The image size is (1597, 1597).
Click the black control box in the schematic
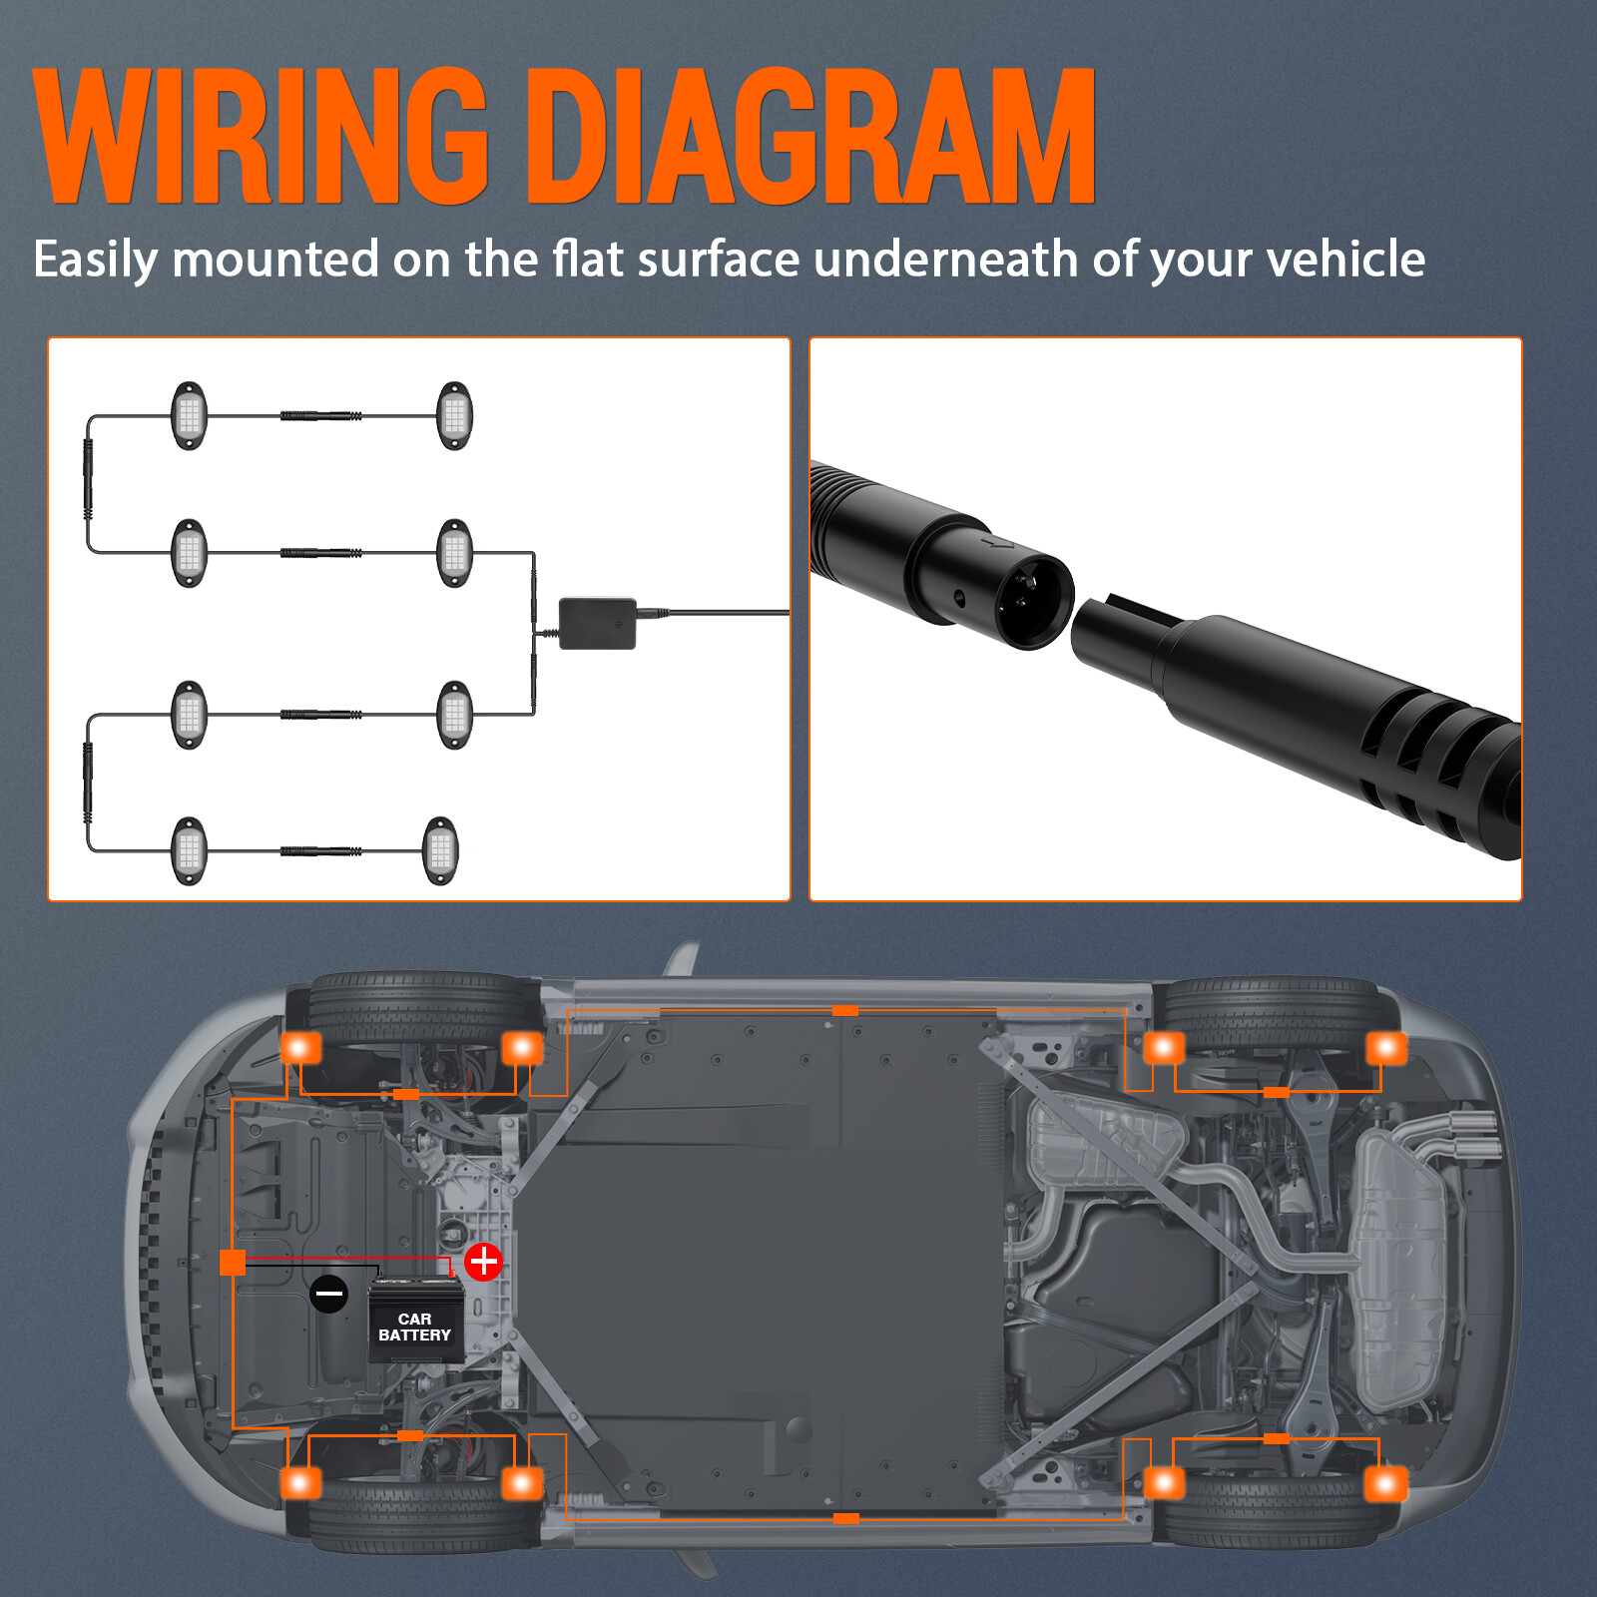(597, 624)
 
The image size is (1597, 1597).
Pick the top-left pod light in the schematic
(189, 416)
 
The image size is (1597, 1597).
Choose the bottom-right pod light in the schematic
(440, 851)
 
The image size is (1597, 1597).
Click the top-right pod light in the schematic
(454, 416)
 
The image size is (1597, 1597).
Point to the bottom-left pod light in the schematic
(189, 851)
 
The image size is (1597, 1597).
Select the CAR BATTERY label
(415, 1327)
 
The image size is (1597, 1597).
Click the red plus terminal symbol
(484, 1262)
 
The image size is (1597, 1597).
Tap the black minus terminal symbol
(328, 1294)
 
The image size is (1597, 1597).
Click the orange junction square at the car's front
(233, 1262)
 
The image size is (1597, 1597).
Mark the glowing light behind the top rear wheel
(1385, 1048)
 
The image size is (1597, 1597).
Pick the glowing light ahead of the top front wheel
(300, 1048)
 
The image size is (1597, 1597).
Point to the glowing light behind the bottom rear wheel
(1385, 1484)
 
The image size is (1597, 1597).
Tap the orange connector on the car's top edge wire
(845, 1011)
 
